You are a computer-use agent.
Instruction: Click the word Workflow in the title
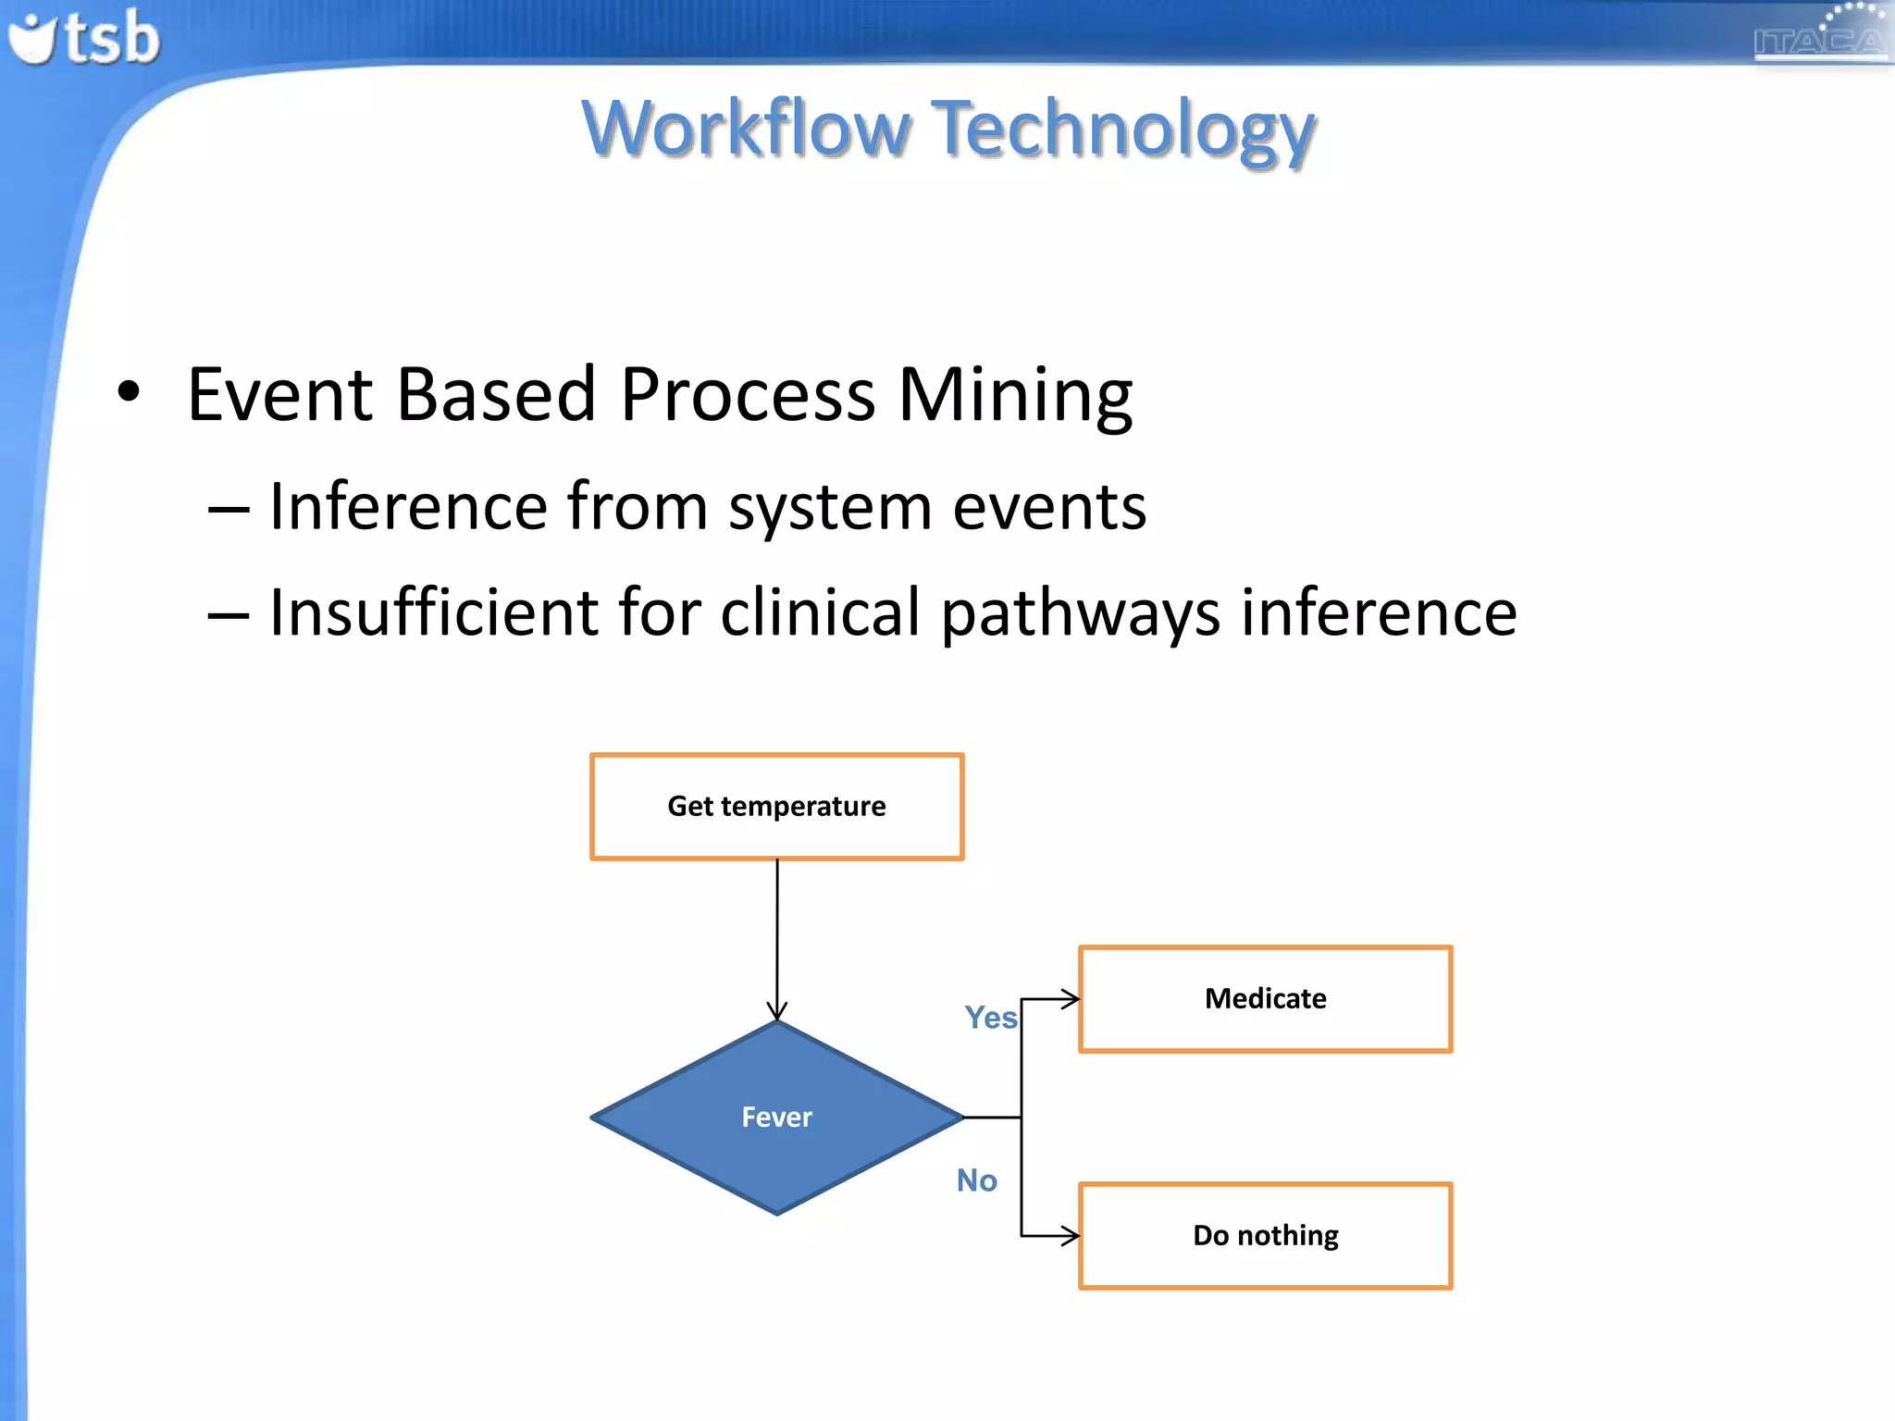[x=746, y=129]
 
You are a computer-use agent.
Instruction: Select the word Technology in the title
[x=1123, y=130]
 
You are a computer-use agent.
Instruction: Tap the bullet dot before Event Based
[x=129, y=392]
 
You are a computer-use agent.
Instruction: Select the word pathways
[x=1081, y=614]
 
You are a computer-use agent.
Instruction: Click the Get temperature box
[x=776, y=807]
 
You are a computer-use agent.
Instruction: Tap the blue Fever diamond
[x=776, y=1118]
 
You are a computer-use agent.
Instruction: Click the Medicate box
[x=1265, y=999]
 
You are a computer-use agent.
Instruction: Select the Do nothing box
[x=1265, y=1236]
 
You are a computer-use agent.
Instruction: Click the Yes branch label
[x=990, y=1018]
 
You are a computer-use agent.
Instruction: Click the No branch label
[x=976, y=1180]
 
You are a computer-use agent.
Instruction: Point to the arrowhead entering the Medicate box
[x=1071, y=999]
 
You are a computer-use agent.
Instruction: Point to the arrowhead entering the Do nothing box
[x=1071, y=1236]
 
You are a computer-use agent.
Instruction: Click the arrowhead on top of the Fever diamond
[x=777, y=1011]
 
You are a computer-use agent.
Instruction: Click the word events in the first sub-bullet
[x=1049, y=508]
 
